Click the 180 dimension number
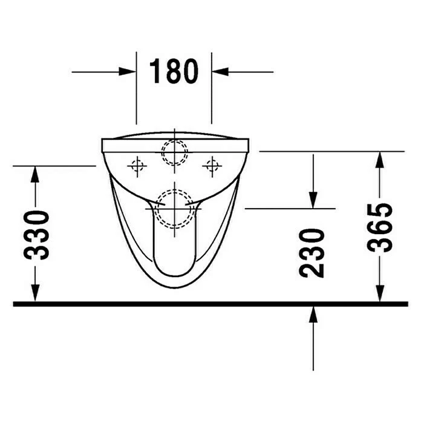(x=174, y=71)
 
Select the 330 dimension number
(x=36, y=235)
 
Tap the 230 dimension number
(x=312, y=253)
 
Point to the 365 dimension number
(x=380, y=228)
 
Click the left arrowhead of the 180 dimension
(x=127, y=72)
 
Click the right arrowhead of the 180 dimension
(x=220, y=72)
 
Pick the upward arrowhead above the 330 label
(x=35, y=175)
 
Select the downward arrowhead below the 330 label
(x=35, y=293)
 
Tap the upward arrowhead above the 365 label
(x=379, y=160)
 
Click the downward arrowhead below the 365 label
(x=379, y=293)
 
